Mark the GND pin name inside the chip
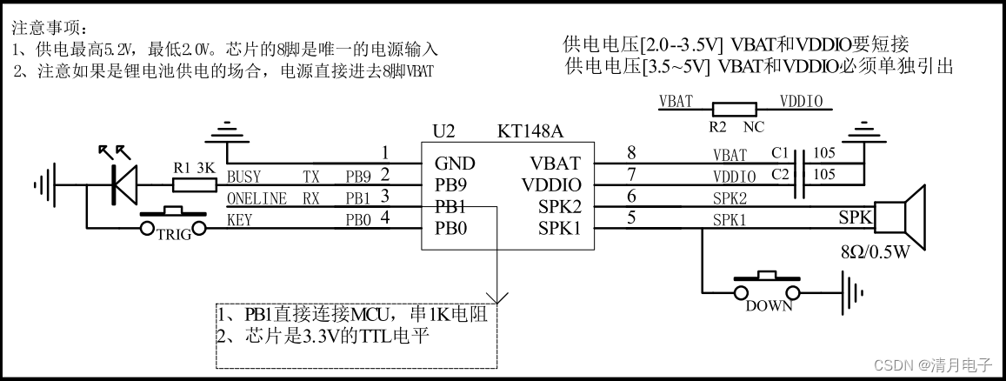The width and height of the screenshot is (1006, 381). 455,163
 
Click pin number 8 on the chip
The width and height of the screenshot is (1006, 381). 631,152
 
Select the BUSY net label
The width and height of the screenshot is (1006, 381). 244,177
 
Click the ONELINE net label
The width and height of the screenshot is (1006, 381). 256,198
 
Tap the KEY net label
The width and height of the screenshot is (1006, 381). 239,220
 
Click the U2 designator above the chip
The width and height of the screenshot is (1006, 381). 444,131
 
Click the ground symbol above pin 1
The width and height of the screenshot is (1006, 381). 227,134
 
